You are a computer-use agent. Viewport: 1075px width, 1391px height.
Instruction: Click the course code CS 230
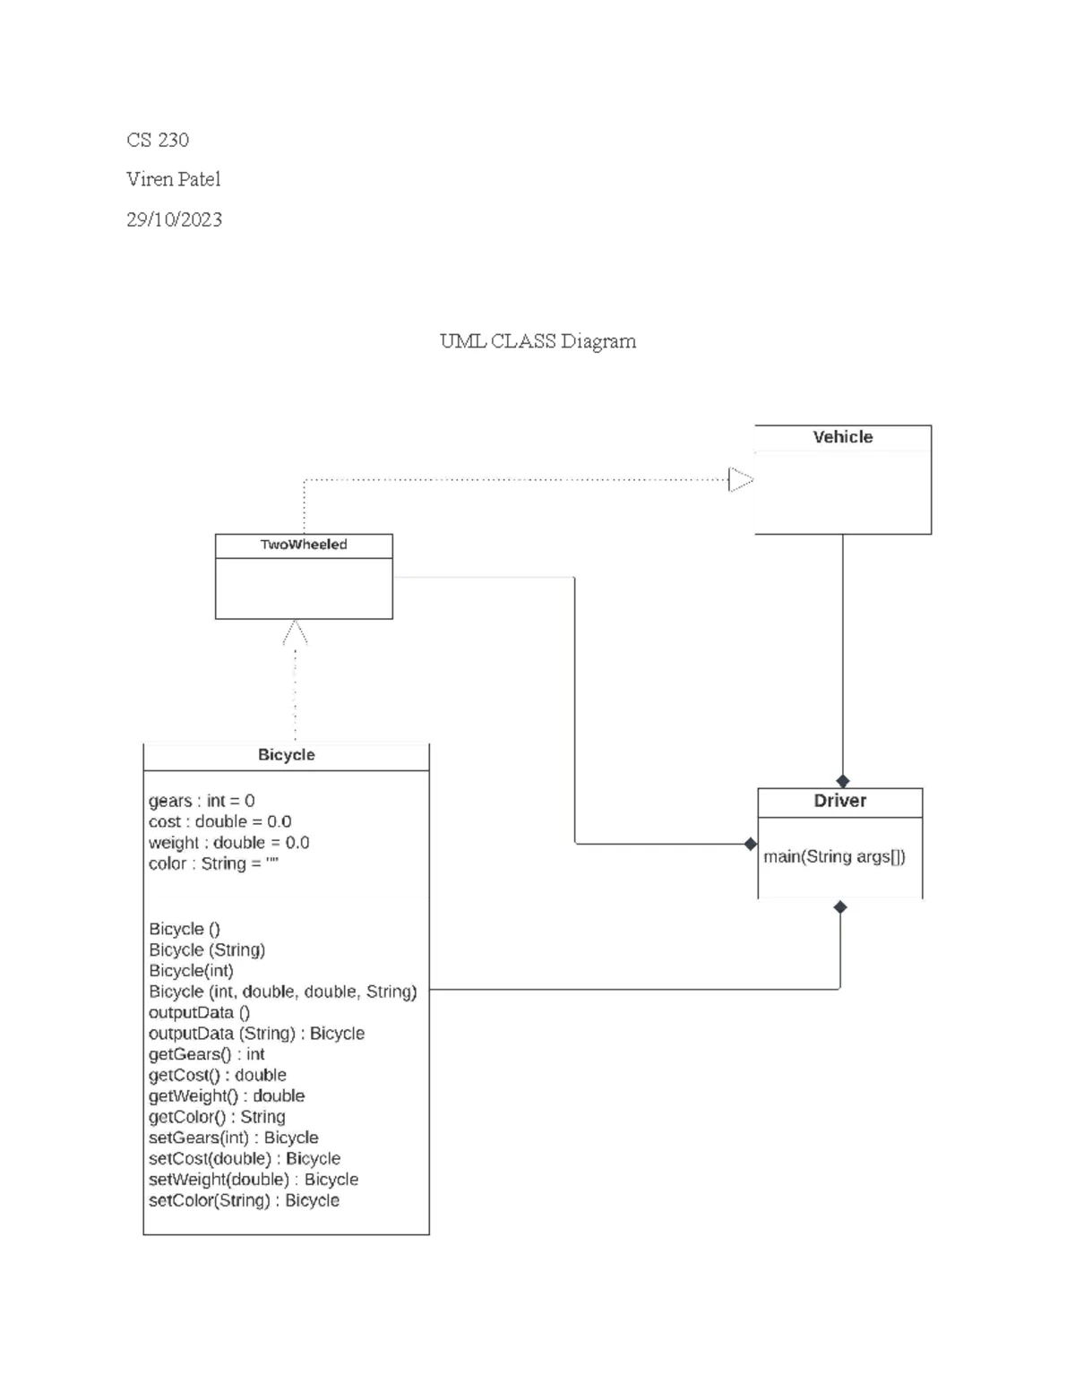coord(158,140)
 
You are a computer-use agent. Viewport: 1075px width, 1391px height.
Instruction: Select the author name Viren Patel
coord(173,179)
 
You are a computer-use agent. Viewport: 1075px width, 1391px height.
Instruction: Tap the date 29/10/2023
coord(174,219)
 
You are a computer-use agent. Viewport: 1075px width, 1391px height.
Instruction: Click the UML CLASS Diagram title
coord(537,341)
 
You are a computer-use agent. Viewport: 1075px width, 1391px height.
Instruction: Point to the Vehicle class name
coord(842,437)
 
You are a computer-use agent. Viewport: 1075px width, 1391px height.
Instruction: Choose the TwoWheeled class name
coord(304,545)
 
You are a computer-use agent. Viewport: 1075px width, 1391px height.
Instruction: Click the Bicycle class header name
coord(286,755)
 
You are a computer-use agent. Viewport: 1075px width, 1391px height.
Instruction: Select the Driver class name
coord(839,801)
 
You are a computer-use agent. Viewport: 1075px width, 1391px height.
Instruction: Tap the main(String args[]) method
coord(834,857)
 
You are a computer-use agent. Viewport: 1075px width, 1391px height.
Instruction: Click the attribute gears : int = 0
coord(202,801)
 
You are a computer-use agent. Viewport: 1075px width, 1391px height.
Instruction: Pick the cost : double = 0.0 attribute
coord(219,821)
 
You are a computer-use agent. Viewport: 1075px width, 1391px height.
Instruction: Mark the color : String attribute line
coord(213,863)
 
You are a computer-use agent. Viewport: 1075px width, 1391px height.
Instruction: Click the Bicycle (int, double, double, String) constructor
coord(282,992)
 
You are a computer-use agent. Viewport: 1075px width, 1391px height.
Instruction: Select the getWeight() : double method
coord(226,1096)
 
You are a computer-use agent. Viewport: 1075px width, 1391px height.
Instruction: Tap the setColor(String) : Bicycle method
coord(244,1200)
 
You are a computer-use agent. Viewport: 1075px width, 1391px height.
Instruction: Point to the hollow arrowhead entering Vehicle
coord(741,480)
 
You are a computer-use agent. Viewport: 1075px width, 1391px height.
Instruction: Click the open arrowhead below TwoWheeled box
coord(295,633)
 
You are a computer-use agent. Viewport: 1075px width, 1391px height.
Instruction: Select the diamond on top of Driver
coord(842,781)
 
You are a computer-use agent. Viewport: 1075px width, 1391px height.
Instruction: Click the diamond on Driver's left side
coord(751,844)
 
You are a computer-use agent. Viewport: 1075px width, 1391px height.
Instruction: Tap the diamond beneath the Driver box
coord(840,907)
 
